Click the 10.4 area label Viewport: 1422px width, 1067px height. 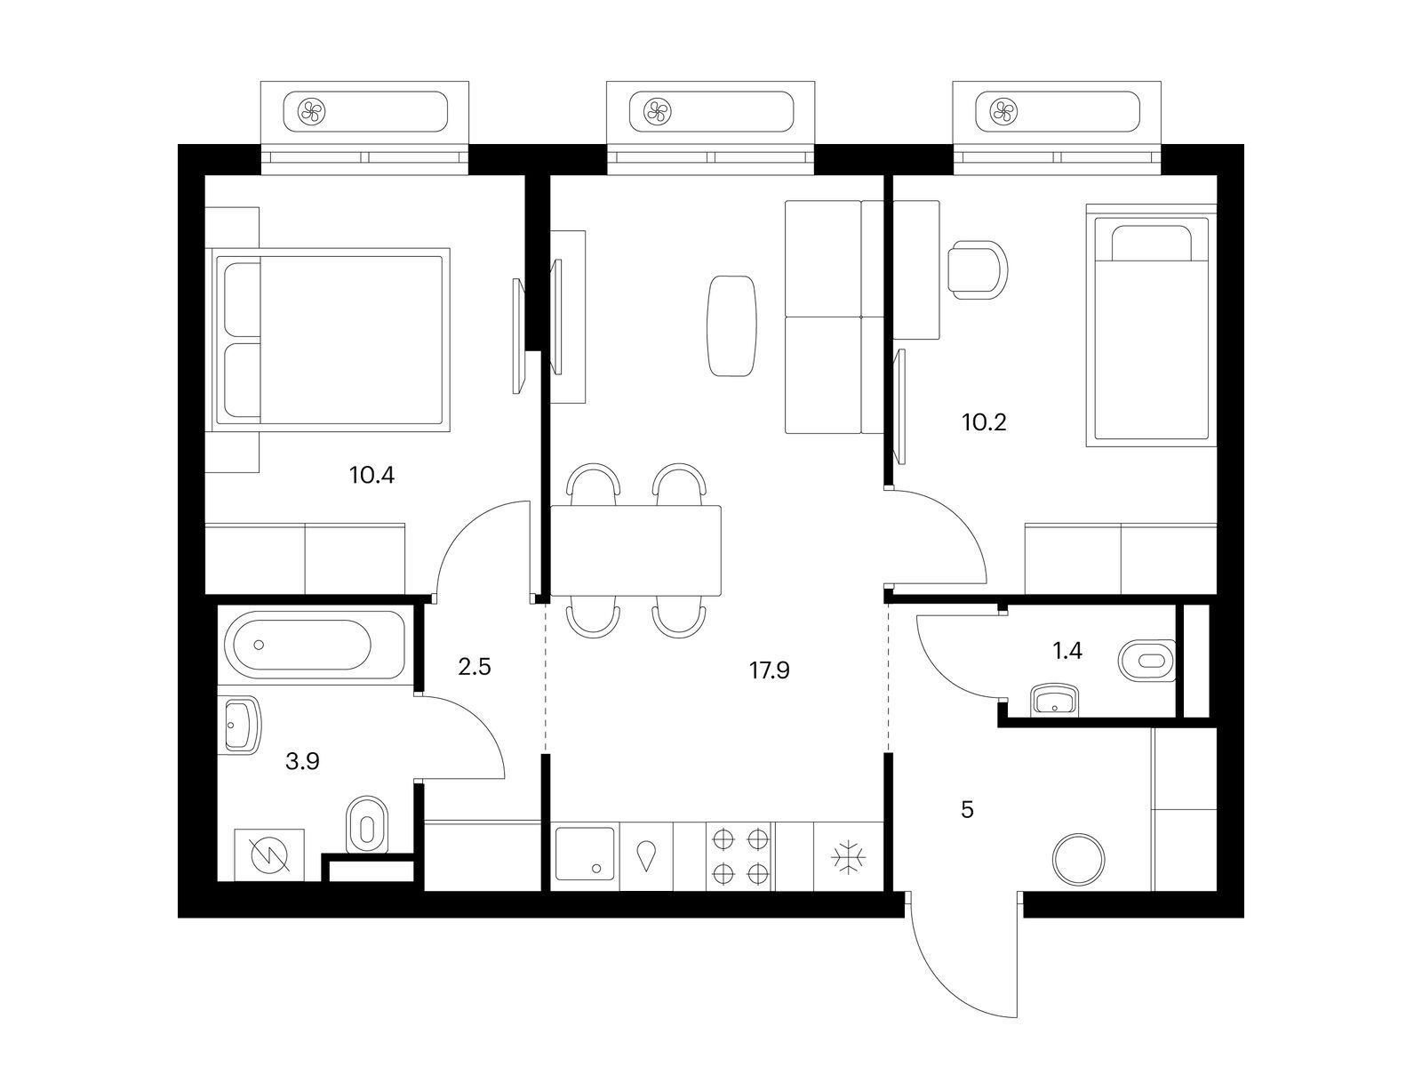[x=371, y=476]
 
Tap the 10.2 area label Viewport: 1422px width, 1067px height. [x=984, y=422]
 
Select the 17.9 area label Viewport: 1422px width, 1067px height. [x=769, y=670]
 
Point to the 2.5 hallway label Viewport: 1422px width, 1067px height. [x=475, y=667]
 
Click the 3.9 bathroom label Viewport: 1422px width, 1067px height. [x=302, y=761]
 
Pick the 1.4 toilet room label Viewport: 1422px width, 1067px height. [x=1067, y=651]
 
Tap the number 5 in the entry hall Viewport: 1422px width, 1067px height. [x=967, y=810]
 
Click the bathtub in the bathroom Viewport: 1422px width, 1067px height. [x=315, y=645]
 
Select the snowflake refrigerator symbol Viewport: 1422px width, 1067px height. [x=848, y=858]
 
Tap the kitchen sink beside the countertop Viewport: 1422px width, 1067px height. [x=585, y=854]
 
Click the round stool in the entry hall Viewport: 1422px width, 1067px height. [x=1079, y=859]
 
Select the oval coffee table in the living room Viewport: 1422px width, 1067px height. [x=731, y=325]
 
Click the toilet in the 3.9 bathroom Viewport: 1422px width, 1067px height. [x=367, y=825]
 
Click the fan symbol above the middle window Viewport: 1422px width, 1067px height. [x=657, y=112]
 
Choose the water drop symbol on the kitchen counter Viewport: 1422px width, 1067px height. [x=646, y=855]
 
